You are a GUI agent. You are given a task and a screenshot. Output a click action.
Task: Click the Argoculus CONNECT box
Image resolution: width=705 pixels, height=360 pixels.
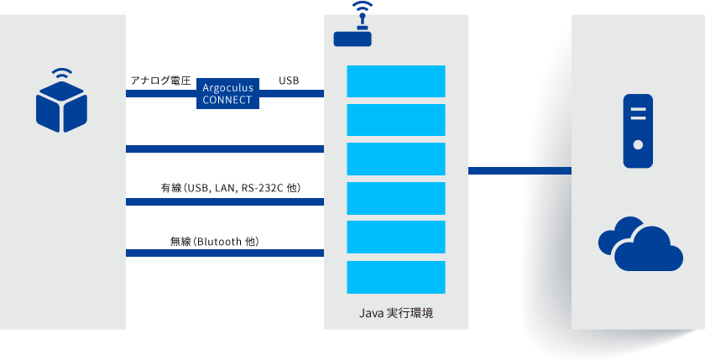(228, 93)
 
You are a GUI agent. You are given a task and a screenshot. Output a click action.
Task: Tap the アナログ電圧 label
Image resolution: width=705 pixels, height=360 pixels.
(161, 81)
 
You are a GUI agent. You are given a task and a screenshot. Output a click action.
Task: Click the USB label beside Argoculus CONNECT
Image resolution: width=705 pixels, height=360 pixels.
(289, 81)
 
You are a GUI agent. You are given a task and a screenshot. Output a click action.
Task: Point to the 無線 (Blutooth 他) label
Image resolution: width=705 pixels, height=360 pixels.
(214, 242)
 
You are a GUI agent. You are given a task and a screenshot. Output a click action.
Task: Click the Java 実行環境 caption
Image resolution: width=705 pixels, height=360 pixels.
(396, 314)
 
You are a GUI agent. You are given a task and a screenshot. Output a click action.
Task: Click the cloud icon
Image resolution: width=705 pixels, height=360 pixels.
(640, 244)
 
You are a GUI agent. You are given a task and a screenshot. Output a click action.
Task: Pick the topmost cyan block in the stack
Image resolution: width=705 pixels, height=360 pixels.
(396, 81)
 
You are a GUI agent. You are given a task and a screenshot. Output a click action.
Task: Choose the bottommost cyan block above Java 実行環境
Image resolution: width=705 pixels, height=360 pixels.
(396, 277)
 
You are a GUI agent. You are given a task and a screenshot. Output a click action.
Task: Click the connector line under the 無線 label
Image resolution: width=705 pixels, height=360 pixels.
(225, 253)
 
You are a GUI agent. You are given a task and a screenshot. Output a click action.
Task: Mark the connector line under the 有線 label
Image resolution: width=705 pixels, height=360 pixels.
(225, 201)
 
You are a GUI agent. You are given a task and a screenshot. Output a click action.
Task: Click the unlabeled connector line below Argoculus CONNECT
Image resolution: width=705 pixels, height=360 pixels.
(225, 149)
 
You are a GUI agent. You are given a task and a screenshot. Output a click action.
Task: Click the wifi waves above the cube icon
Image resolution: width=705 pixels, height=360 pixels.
(61, 73)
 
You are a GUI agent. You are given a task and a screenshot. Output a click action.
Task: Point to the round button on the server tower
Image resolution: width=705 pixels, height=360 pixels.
(638, 144)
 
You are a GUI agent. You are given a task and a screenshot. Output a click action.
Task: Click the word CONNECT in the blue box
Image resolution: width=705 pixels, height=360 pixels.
(228, 99)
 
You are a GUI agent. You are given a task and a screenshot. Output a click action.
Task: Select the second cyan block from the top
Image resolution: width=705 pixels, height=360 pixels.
(396, 120)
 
